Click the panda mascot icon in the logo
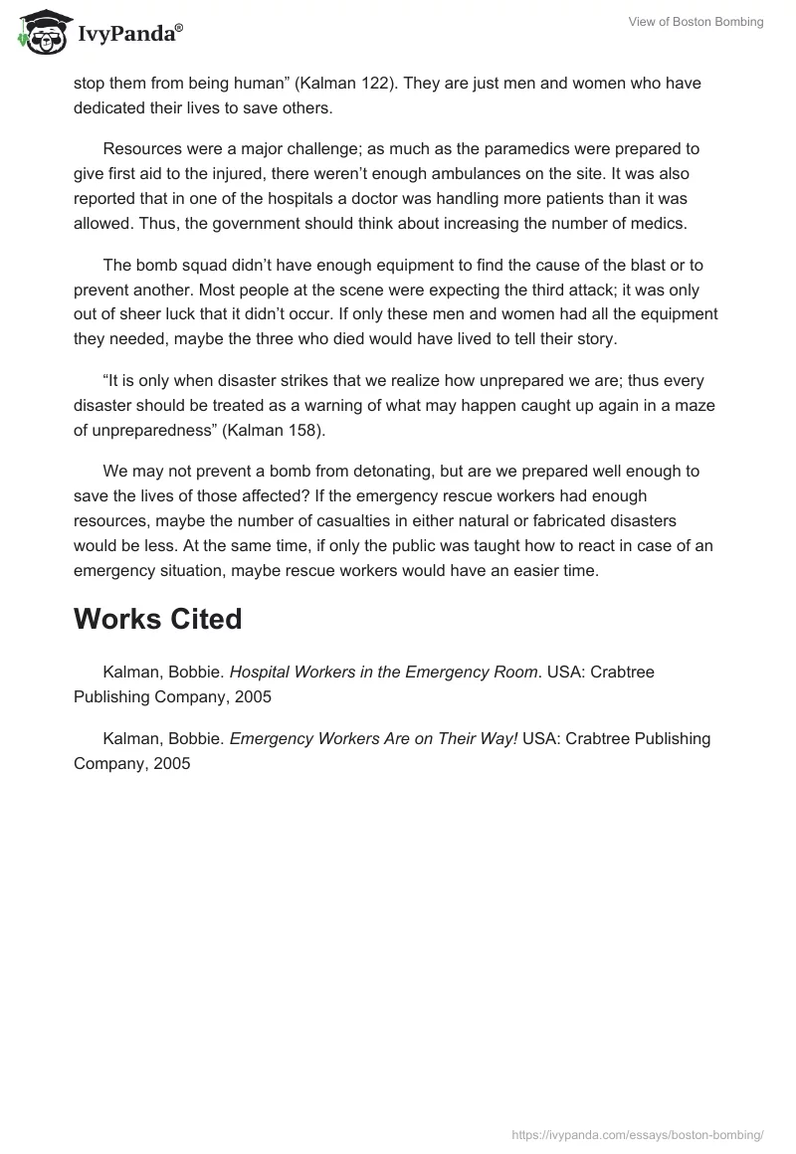[41, 32]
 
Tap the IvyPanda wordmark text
[129, 36]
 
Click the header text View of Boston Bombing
[696, 22]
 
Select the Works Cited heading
[157, 619]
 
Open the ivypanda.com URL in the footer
[638, 1133]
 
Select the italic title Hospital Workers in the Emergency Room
[383, 672]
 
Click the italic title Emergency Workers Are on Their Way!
[373, 738]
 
